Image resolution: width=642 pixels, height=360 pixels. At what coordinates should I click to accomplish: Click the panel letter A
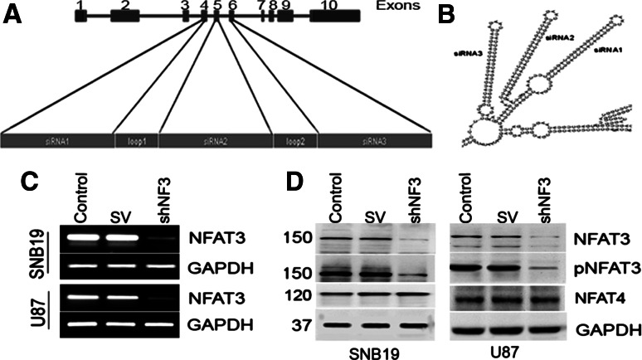(x=12, y=14)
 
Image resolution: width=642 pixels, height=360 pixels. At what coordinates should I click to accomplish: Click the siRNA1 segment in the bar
(x=57, y=141)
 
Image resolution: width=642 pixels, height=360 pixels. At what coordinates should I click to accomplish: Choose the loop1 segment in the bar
(x=136, y=141)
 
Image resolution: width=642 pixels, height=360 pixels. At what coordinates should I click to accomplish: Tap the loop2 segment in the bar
(x=295, y=141)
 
